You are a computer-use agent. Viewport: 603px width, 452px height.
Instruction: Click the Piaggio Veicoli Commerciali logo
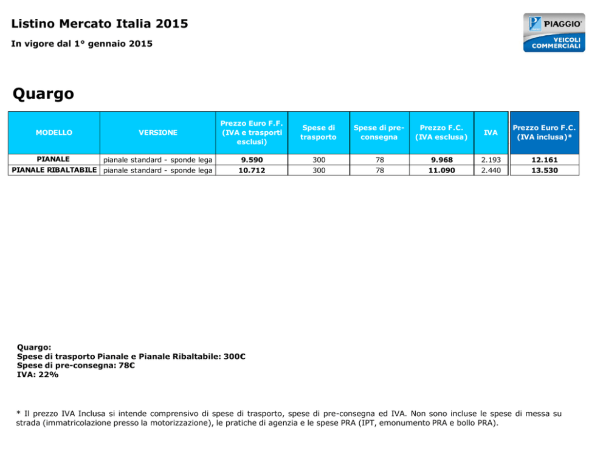click(x=554, y=33)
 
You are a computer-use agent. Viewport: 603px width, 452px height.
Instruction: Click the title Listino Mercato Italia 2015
click(x=100, y=24)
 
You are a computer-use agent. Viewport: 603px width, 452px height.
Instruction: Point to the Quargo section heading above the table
click(x=43, y=94)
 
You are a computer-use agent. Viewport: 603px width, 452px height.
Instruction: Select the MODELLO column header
click(x=54, y=132)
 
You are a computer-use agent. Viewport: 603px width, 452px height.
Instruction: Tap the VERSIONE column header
click(x=158, y=132)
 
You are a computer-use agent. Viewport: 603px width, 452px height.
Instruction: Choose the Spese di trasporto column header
click(x=319, y=132)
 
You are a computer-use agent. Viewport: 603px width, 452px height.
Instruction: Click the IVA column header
click(x=491, y=132)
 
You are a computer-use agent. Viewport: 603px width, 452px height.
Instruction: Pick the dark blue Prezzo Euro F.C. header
click(x=544, y=132)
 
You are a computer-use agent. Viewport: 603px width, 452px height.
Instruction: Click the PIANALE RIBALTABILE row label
click(x=54, y=170)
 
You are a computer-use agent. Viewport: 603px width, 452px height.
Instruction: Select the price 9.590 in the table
click(x=252, y=160)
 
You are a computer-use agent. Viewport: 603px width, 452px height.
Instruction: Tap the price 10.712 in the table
click(x=252, y=170)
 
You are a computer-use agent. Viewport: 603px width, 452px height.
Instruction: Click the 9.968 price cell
click(x=442, y=160)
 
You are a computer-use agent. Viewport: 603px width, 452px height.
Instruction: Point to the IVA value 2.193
click(x=491, y=160)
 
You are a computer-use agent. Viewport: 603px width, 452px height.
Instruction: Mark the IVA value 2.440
click(x=491, y=170)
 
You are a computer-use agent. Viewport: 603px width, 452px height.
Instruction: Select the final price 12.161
click(x=545, y=160)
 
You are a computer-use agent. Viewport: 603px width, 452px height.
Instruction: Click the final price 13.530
click(x=545, y=170)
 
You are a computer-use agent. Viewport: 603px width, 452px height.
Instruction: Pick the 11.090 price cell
click(x=442, y=170)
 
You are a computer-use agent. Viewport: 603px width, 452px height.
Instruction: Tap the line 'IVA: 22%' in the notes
click(x=38, y=375)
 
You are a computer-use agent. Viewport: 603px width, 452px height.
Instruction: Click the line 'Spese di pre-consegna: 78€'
click(x=76, y=366)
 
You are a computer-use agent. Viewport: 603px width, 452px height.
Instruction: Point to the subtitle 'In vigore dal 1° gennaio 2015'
click(x=81, y=44)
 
